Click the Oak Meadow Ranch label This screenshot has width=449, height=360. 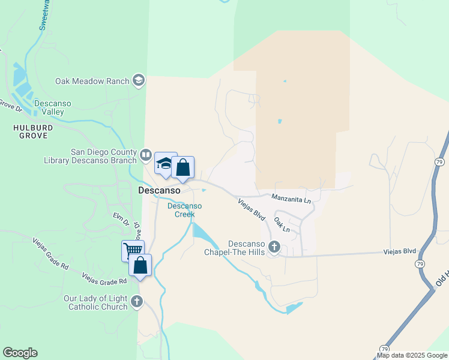[x=92, y=81]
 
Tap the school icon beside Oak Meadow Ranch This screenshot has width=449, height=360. [x=139, y=80]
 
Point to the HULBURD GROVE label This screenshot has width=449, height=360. [x=33, y=132]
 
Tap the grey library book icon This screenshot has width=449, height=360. [x=146, y=156]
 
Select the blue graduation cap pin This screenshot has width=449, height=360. [x=165, y=164]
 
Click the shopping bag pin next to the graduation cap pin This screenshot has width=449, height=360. [x=183, y=167]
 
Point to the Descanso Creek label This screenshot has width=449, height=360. [x=184, y=210]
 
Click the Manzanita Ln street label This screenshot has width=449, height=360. [x=291, y=198]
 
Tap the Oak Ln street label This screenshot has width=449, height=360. [x=282, y=226]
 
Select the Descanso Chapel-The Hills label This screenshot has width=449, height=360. [x=247, y=248]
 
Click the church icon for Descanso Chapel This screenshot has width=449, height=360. [x=274, y=247]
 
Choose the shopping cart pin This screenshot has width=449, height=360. [x=133, y=250]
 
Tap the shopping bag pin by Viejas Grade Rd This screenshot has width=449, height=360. [x=140, y=265]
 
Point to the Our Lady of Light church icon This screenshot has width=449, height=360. [x=137, y=302]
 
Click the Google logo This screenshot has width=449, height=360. [x=20, y=353]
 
